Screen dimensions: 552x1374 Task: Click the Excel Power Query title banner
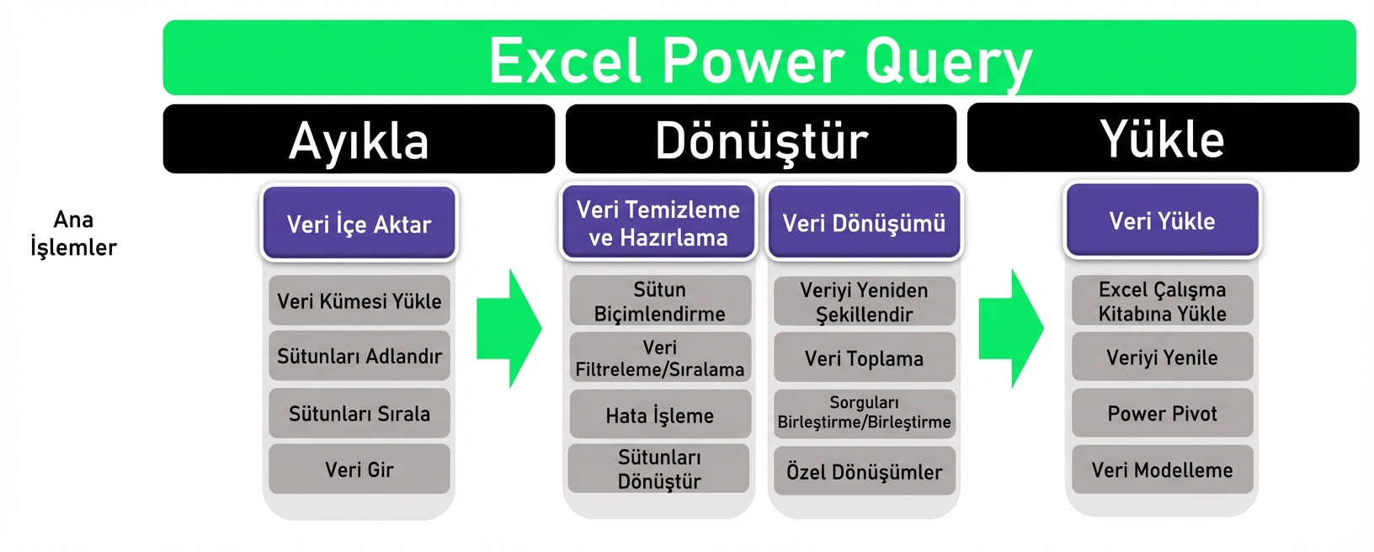pyautogui.click(x=759, y=59)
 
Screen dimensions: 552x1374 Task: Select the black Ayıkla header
pyautogui.click(x=359, y=140)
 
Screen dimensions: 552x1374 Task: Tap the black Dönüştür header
pyautogui.click(x=761, y=140)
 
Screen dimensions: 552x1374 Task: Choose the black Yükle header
pyautogui.click(x=1163, y=139)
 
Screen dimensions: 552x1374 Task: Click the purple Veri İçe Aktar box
pyautogui.click(x=359, y=224)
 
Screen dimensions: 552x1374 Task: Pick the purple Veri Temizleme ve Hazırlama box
pyautogui.click(x=658, y=223)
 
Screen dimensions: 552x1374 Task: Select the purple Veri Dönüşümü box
pyautogui.click(x=864, y=223)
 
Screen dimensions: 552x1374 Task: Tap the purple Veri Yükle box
pyautogui.click(x=1162, y=221)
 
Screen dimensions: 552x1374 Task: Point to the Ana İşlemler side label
pyautogui.click(x=73, y=233)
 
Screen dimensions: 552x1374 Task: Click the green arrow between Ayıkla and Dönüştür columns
pyautogui.click(x=508, y=328)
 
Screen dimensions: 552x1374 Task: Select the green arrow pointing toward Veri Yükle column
pyautogui.click(x=1009, y=328)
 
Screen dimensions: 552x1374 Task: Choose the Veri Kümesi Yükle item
pyautogui.click(x=359, y=301)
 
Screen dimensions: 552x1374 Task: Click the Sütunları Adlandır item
pyautogui.click(x=359, y=356)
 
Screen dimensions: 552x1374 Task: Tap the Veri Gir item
pyautogui.click(x=359, y=470)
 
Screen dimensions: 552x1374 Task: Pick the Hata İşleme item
pyautogui.click(x=659, y=415)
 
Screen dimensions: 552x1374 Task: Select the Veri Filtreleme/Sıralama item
pyautogui.click(x=659, y=358)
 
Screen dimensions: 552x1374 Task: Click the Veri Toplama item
pyautogui.click(x=864, y=358)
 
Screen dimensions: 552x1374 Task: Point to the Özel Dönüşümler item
pyautogui.click(x=864, y=471)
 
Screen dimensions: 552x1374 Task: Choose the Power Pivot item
pyautogui.click(x=1162, y=413)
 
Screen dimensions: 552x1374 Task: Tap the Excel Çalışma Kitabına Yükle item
pyautogui.click(x=1162, y=301)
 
